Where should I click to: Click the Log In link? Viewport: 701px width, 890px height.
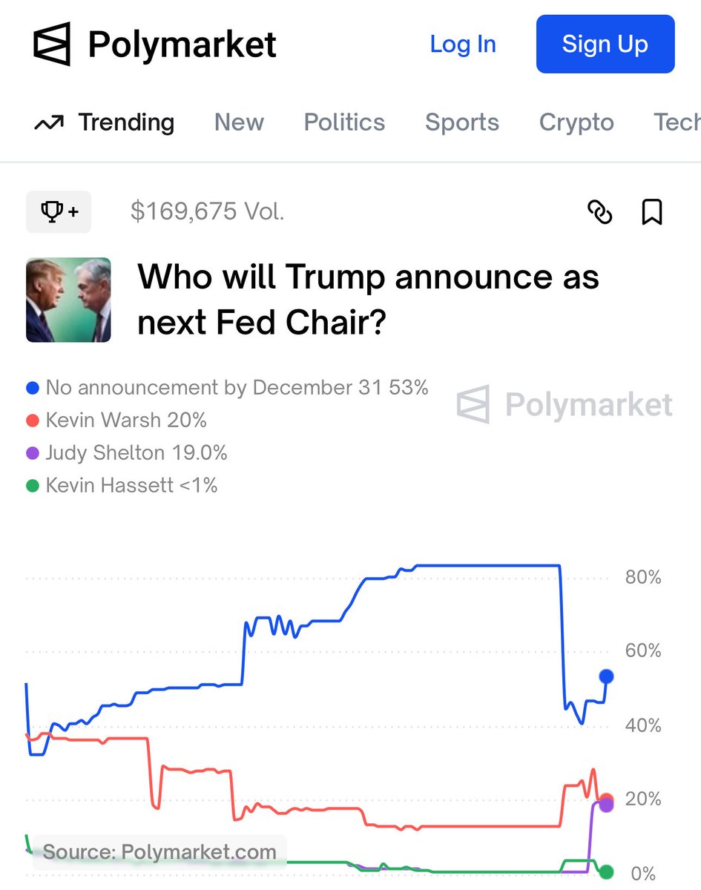point(462,44)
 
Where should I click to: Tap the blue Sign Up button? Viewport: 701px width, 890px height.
point(605,44)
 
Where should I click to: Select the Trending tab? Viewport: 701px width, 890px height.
point(105,122)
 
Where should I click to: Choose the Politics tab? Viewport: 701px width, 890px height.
point(344,122)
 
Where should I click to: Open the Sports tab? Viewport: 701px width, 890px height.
point(461,122)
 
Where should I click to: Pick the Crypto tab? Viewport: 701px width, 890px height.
point(576,122)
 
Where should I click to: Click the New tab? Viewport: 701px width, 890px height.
point(239,122)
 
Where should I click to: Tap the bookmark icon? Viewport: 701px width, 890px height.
point(651,212)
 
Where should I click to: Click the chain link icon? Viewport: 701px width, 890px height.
point(599,212)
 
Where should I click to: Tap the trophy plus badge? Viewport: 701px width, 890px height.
point(59,212)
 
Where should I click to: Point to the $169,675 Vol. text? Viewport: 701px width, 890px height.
point(207,212)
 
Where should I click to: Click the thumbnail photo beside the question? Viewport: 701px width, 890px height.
point(68,300)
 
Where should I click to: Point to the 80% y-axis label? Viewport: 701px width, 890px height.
point(642,577)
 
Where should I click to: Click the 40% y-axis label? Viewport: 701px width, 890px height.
point(642,725)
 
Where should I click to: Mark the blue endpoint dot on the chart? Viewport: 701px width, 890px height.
point(606,676)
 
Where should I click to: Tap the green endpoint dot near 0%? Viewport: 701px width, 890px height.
point(606,871)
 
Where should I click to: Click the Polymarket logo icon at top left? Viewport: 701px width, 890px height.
point(52,44)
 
